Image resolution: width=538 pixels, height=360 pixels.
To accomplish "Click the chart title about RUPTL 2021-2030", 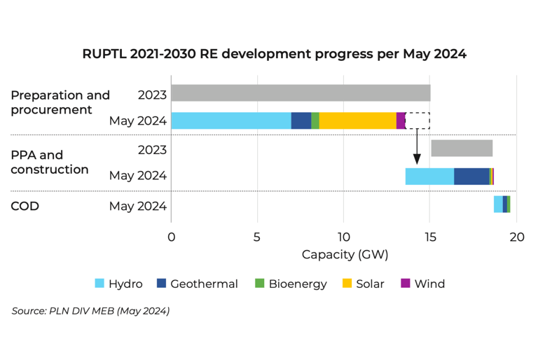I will tap(274, 54).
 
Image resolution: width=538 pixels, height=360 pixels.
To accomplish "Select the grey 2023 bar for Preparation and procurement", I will tap(301, 93).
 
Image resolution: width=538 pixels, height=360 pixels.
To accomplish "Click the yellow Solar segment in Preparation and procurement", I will tap(357, 120).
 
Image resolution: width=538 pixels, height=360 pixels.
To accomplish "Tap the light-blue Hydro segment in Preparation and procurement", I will tap(231, 120).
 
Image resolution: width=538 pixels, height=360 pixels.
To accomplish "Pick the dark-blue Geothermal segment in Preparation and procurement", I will tap(301, 120).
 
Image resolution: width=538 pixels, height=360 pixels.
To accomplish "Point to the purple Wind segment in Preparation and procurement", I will tap(401, 120).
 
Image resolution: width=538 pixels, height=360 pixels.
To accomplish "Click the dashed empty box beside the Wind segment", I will tap(418, 120).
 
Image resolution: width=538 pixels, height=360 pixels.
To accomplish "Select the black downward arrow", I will tap(417, 147).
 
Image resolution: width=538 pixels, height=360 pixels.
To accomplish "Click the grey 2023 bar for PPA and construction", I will tap(462, 148).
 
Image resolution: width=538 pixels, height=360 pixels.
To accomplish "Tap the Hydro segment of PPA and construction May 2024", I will tap(429, 176).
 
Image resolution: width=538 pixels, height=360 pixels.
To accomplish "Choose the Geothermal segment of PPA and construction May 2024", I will tap(471, 176).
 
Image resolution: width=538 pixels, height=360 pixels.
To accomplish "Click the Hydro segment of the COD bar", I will tap(498, 205).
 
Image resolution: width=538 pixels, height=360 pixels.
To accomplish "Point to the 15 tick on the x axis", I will tap(430, 237).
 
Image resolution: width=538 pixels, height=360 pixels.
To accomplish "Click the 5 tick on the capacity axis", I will tap(257, 237).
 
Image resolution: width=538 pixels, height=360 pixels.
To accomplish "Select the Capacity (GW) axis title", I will tap(345, 255).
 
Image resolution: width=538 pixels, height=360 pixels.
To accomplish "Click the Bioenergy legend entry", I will tap(291, 284).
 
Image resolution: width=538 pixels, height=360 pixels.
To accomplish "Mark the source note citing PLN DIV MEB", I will tap(90, 310).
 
